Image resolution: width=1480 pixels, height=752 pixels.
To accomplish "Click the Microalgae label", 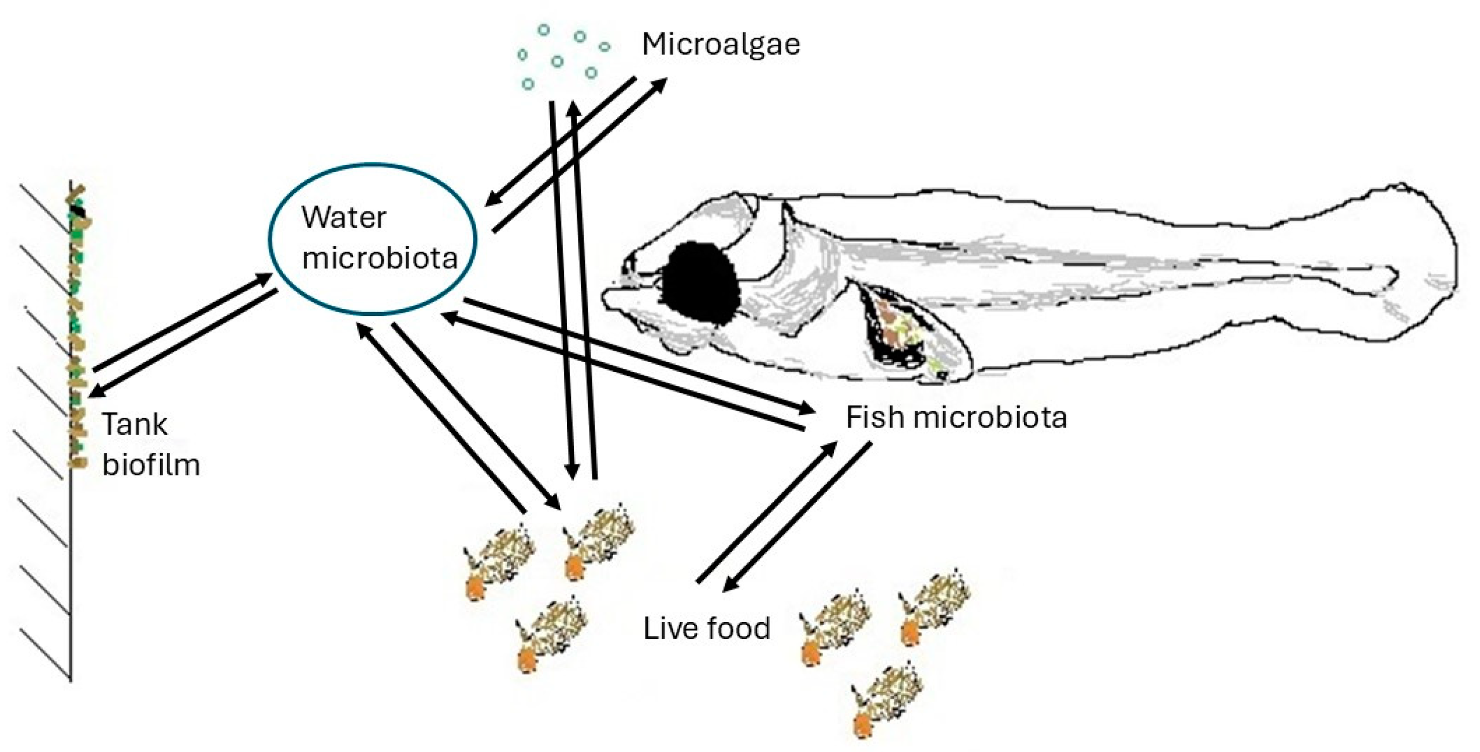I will coord(721,44).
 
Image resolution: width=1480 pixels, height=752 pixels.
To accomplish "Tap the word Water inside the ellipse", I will coord(343,218).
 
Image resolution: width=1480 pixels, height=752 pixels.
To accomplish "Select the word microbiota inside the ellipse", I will coord(380,258).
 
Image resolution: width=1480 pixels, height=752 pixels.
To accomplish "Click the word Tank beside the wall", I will coord(135,425).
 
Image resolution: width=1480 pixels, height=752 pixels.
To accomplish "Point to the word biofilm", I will coord(151,465).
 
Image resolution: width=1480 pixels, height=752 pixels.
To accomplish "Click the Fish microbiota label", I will coord(956,417).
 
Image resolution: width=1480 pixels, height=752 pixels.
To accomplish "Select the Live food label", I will coord(706,628).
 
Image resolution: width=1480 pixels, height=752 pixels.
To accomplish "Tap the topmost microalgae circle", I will coord(543,30).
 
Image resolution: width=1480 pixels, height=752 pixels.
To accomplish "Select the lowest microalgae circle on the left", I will coord(528,84).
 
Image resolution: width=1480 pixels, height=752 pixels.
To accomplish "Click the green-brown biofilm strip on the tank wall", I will coord(77,323).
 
